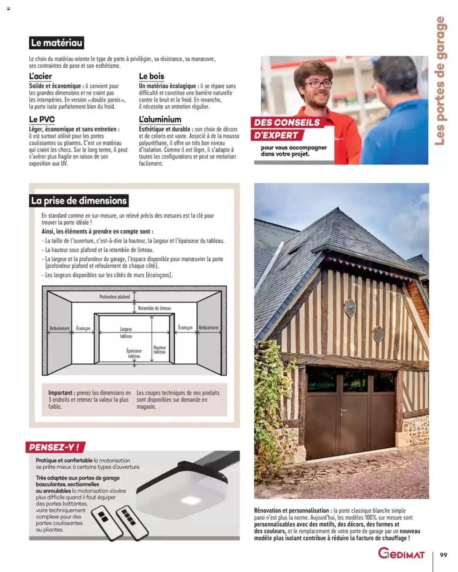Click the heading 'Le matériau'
(x=57, y=43)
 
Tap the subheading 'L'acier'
(x=40, y=76)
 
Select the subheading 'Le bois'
(x=151, y=76)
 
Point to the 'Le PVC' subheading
(x=42, y=119)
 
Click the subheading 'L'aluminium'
(x=160, y=119)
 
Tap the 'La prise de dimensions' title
(x=79, y=201)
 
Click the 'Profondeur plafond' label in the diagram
(x=114, y=297)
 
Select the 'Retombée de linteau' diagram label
(x=154, y=308)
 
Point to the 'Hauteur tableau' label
(x=160, y=350)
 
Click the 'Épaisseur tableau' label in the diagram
(x=134, y=354)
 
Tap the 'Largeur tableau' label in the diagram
(x=126, y=332)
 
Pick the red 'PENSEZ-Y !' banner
(x=54, y=447)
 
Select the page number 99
(x=443, y=555)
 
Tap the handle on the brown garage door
(x=343, y=410)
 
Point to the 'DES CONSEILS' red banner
(x=287, y=123)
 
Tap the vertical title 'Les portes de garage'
(x=440, y=81)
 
